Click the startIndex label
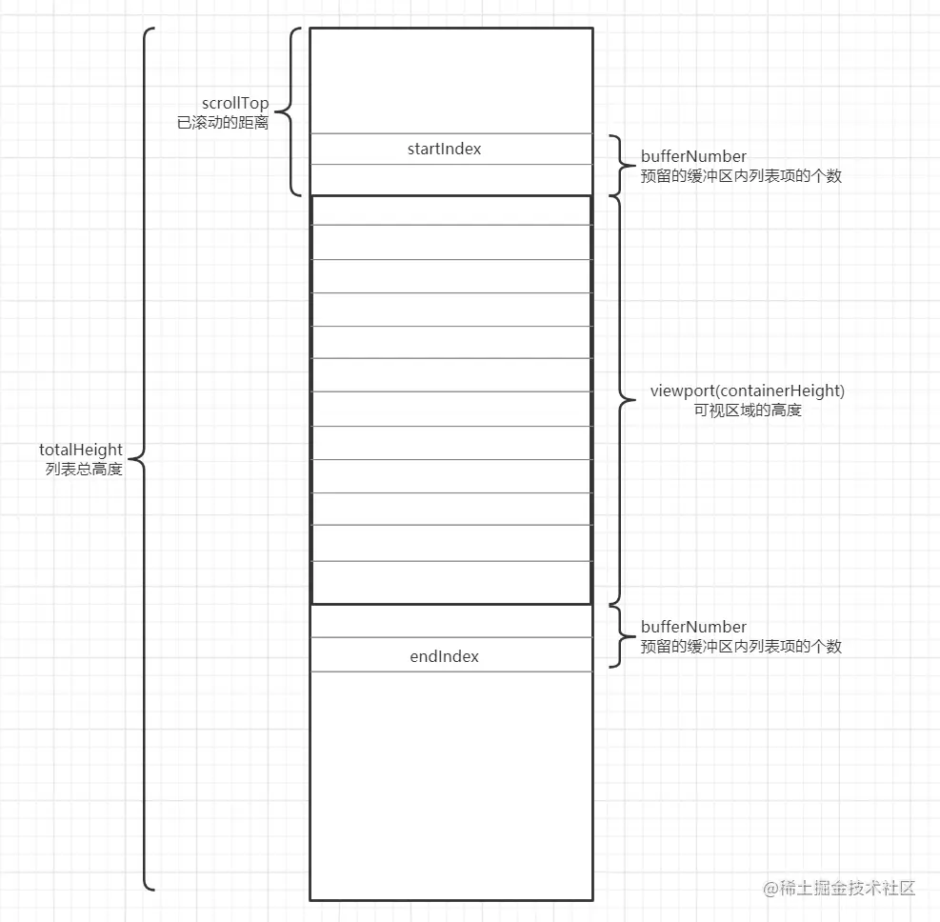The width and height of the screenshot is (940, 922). pyautogui.click(x=444, y=149)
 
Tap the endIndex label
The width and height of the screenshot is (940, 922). pyautogui.click(x=444, y=656)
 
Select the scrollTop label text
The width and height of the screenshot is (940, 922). pyautogui.click(x=235, y=104)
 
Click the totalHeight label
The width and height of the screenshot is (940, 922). pyautogui.click(x=81, y=451)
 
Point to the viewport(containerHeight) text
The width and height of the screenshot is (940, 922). pyautogui.click(x=748, y=391)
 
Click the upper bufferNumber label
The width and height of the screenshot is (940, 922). pyautogui.click(x=693, y=156)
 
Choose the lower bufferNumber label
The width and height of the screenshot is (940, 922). pyautogui.click(x=693, y=627)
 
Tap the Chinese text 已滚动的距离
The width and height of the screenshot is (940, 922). pyautogui.click(x=223, y=123)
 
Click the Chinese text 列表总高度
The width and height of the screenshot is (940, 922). pyautogui.click(x=84, y=470)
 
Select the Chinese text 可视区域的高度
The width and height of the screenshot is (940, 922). pyautogui.click(x=748, y=411)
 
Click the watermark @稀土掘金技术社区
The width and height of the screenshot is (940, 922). pyautogui.click(x=839, y=888)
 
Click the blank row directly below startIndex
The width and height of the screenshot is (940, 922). pyautogui.click(x=451, y=179)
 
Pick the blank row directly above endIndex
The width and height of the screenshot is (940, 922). pyautogui.click(x=451, y=621)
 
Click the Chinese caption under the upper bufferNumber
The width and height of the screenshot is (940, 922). pyautogui.click(x=742, y=176)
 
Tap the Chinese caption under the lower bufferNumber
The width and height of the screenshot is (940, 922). pyautogui.click(x=742, y=647)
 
